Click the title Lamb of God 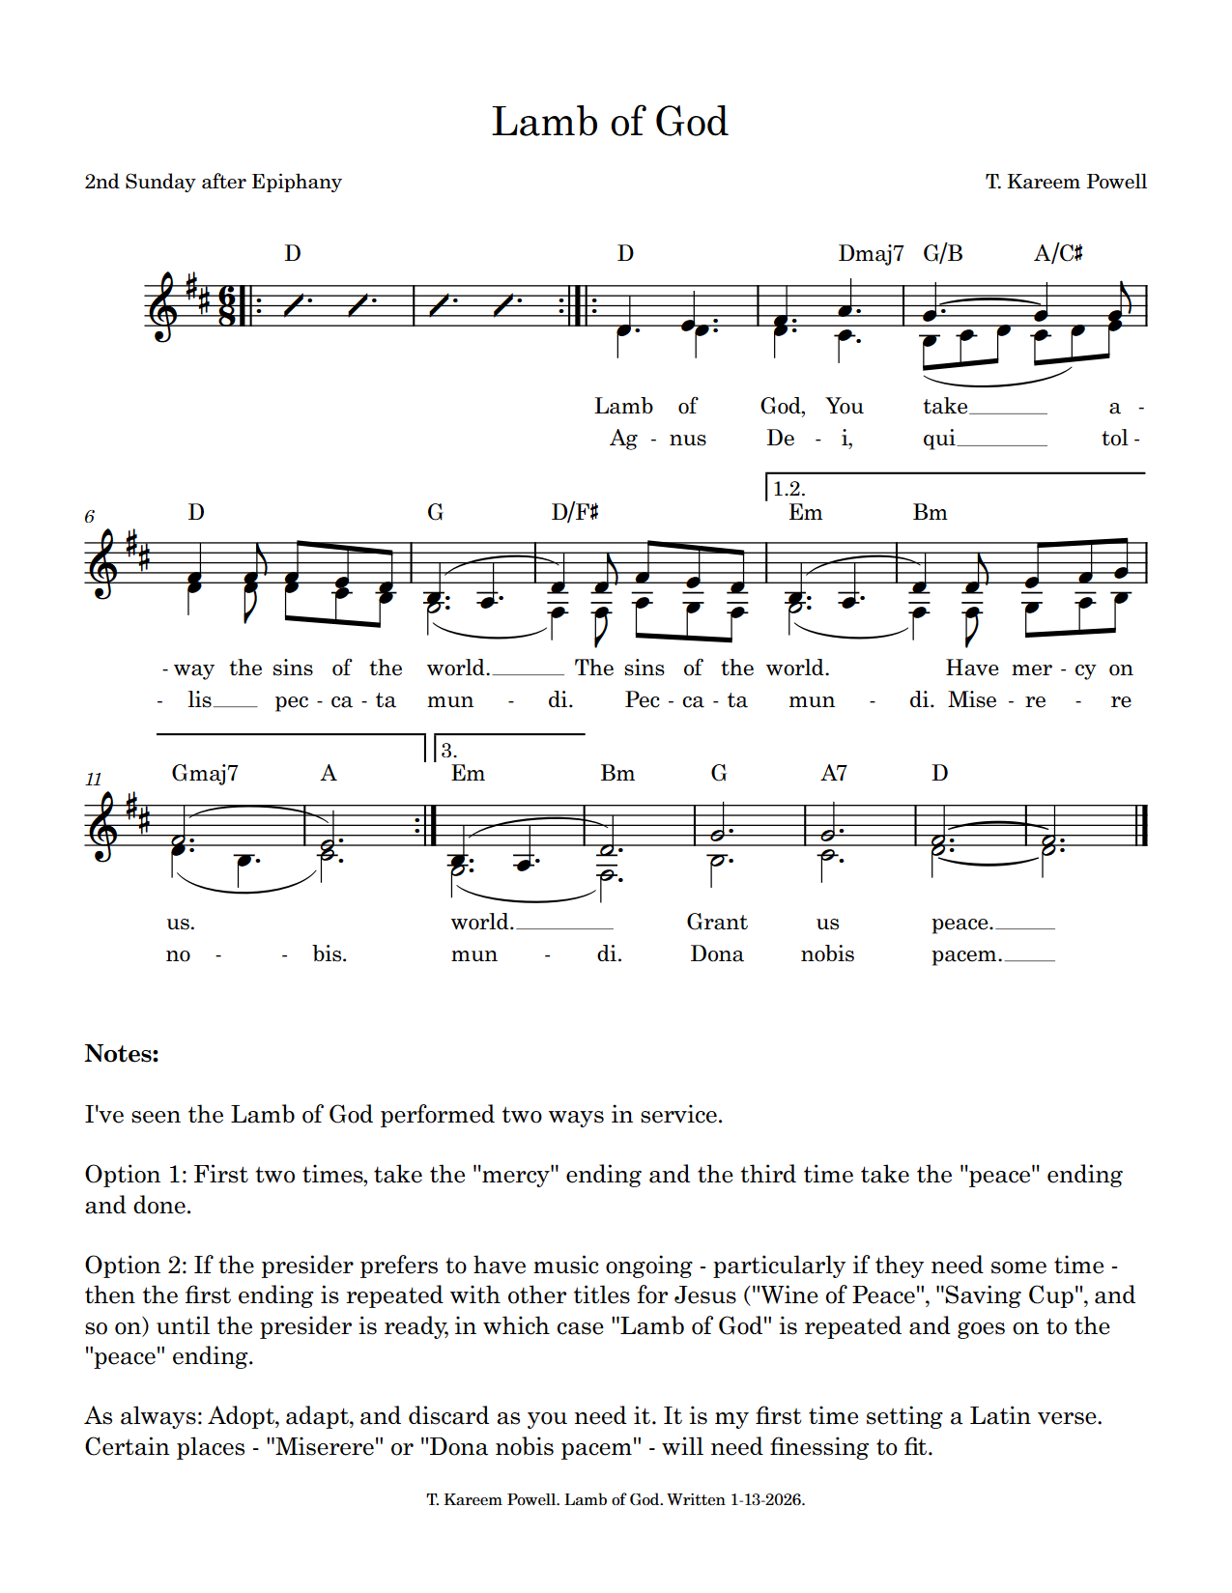click(x=610, y=123)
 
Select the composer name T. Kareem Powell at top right click(x=1066, y=182)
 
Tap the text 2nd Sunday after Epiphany click(x=214, y=182)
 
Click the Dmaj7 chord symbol click(x=871, y=253)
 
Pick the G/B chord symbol click(x=943, y=253)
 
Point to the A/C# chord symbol click(x=1058, y=253)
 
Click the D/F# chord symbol click(x=575, y=512)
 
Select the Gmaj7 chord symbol click(x=205, y=773)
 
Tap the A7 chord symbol click(x=834, y=773)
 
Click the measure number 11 click(x=93, y=779)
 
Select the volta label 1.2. click(x=788, y=489)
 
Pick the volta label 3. click(x=448, y=750)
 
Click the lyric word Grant click(x=717, y=923)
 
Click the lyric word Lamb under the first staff click(x=623, y=407)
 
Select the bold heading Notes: click(x=122, y=1054)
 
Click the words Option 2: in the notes click(x=135, y=1266)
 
